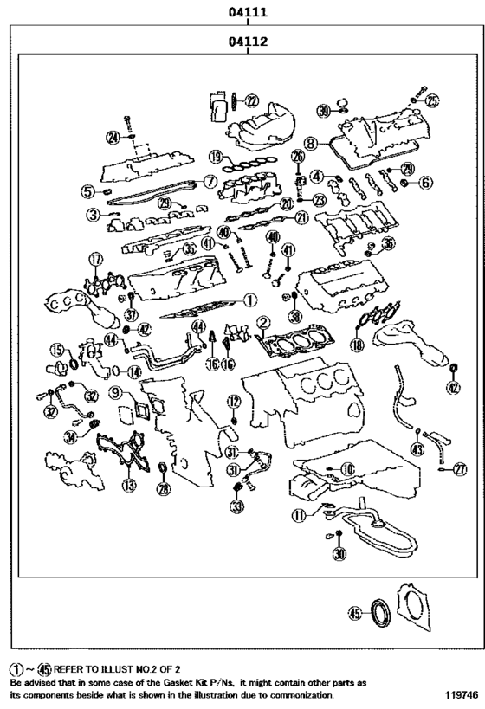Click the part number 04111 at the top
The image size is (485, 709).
click(x=248, y=12)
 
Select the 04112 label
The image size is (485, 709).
click(x=248, y=41)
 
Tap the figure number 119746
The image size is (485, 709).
click(x=461, y=695)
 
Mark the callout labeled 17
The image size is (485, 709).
click(x=95, y=259)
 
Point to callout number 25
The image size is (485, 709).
click(x=431, y=100)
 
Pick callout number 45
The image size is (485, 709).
click(x=353, y=613)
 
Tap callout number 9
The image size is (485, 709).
click(x=115, y=393)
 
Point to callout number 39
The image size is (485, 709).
click(x=322, y=110)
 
